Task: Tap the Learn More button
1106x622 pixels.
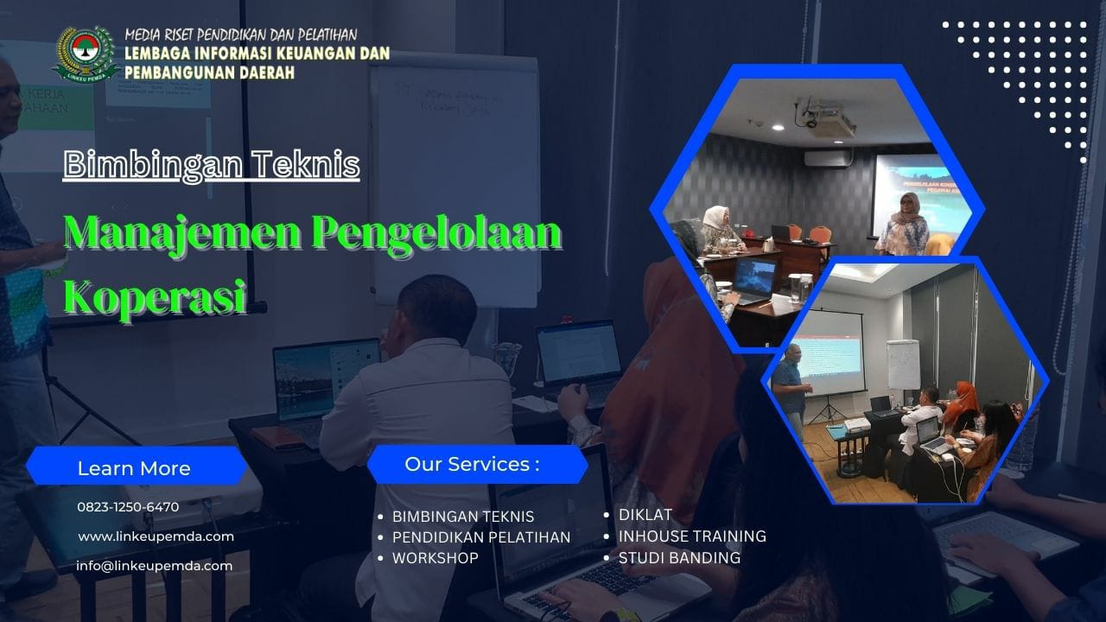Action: point(134,468)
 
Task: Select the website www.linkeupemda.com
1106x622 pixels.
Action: point(156,536)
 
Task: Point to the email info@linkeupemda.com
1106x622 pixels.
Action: point(155,566)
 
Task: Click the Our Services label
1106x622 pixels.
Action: point(472,465)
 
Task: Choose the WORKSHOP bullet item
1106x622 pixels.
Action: point(435,558)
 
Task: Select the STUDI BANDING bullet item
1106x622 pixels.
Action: point(679,558)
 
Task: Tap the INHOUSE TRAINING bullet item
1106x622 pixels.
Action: point(692,536)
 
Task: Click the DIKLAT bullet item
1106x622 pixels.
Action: point(645,515)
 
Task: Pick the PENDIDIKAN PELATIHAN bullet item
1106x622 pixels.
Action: point(481,537)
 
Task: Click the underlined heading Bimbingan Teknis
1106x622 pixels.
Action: point(212,164)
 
